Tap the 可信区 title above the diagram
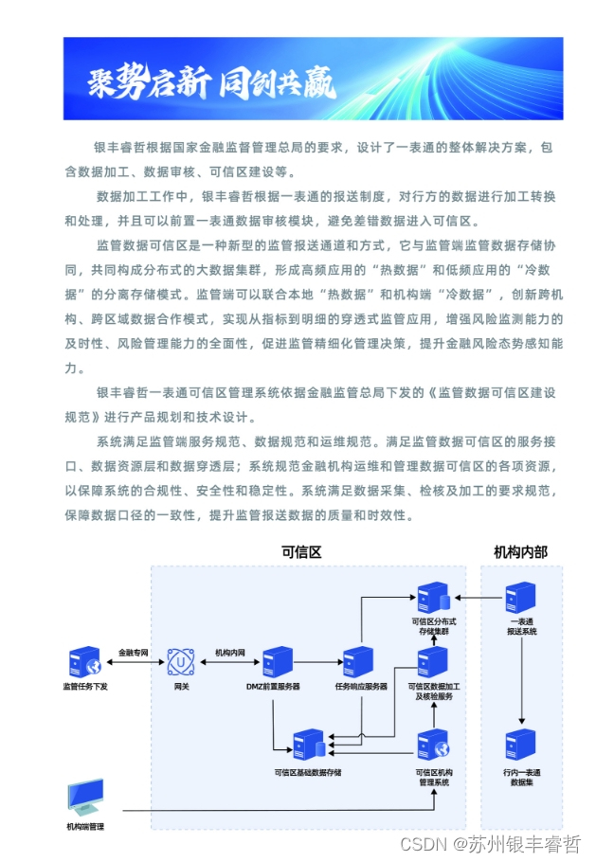[302, 552]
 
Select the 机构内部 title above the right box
[520, 552]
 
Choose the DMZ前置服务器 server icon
[277, 661]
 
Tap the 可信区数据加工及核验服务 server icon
[433, 661]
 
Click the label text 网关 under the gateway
[181, 686]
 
